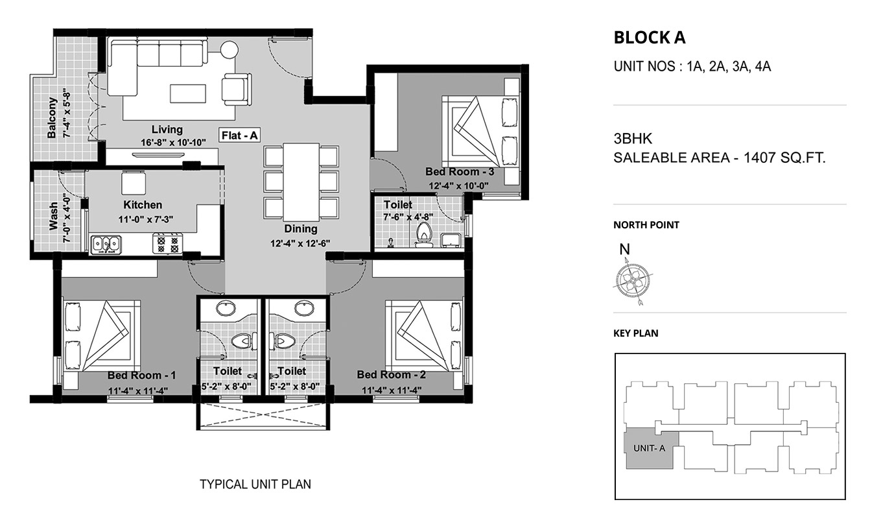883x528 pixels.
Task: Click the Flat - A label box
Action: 239,136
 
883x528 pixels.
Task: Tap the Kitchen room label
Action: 143,205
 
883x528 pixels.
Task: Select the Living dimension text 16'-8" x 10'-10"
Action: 174,142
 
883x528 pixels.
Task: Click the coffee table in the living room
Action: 188,94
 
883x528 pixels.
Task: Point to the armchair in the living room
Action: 237,90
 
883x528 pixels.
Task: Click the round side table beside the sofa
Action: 230,50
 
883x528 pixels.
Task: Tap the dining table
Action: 301,182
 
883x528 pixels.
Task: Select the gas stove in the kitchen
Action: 167,244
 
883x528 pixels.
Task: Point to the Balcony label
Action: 52,118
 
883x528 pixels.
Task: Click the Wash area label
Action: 53,216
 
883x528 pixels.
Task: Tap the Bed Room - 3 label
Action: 460,172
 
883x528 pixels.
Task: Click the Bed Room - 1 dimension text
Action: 138,390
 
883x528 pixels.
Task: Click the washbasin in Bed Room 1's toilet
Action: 226,308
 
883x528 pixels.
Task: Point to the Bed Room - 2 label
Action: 391,375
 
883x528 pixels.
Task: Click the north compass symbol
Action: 632,281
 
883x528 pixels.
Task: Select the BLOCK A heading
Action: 650,38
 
